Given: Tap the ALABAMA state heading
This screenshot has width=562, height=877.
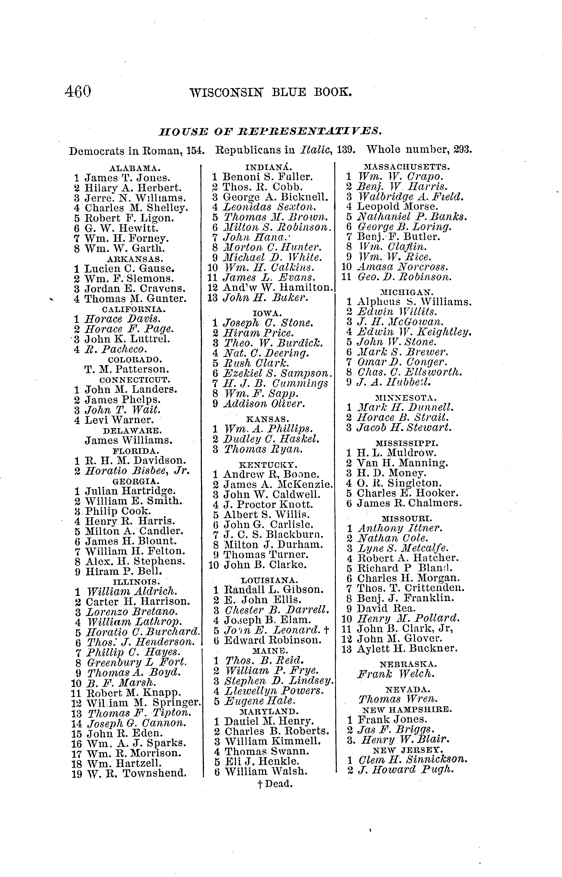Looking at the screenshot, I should [x=135, y=168].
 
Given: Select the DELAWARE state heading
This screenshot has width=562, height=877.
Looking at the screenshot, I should [x=132, y=430].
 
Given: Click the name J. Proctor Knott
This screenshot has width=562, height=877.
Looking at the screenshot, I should [x=268, y=504].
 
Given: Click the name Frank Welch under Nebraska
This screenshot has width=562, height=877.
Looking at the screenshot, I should [x=396, y=674].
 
